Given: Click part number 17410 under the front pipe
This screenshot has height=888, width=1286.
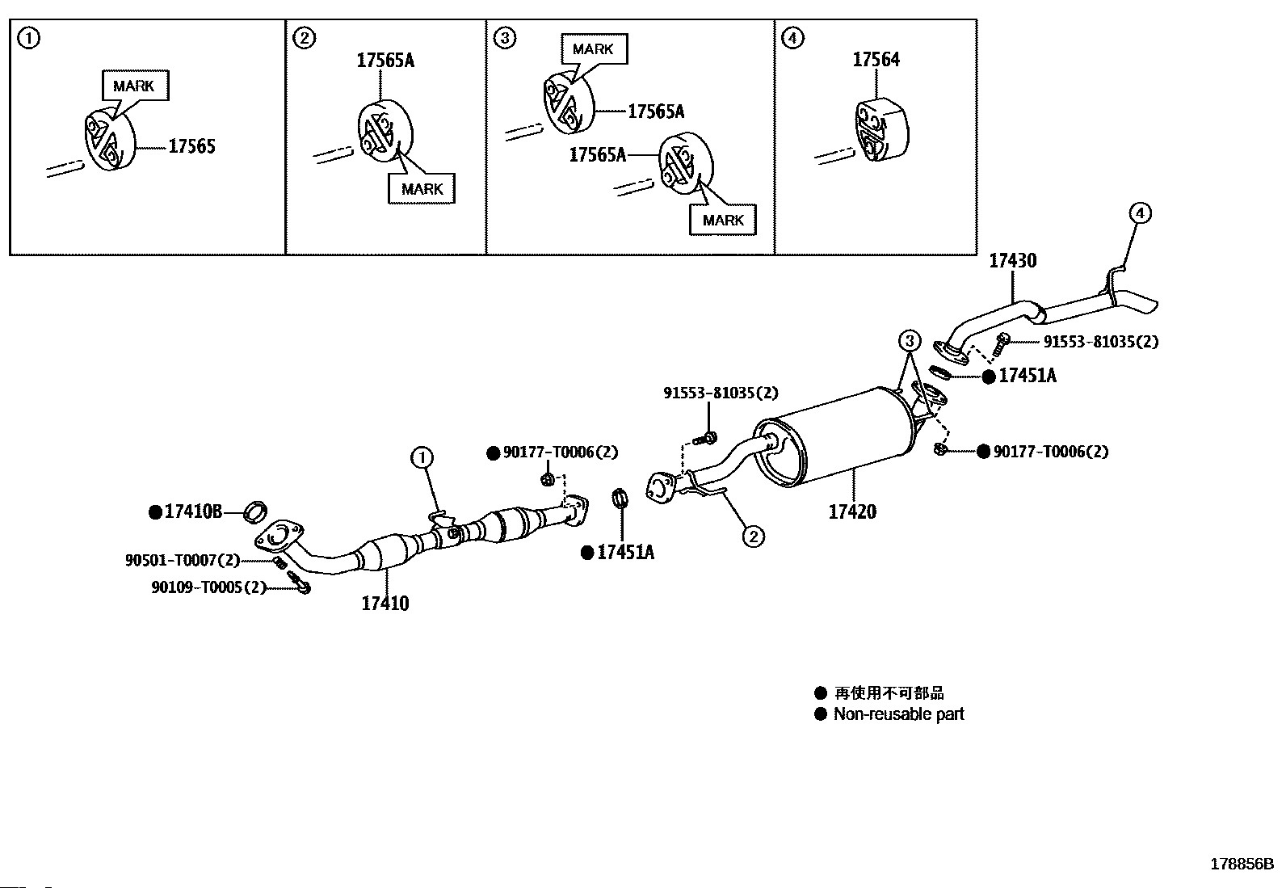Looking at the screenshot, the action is pyautogui.click(x=385, y=603).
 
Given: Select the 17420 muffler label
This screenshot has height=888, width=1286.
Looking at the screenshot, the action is pyautogui.click(x=852, y=511).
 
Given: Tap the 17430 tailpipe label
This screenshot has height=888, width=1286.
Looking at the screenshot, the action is pyautogui.click(x=1013, y=261).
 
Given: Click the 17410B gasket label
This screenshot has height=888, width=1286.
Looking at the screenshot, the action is pyautogui.click(x=193, y=511).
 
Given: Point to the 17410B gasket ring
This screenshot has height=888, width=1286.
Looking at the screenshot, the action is pyautogui.click(x=255, y=511).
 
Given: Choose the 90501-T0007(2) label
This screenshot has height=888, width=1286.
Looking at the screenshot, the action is pyautogui.click(x=183, y=559).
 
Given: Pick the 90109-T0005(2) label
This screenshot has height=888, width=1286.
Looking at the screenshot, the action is pyautogui.click(x=209, y=587).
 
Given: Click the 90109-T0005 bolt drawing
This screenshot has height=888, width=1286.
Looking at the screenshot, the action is pyautogui.click(x=299, y=583).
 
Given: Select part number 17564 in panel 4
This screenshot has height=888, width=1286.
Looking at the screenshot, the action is pyautogui.click(x=876, y=60).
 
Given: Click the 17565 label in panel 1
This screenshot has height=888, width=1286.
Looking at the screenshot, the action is pyautogui.click(x=191, y=146).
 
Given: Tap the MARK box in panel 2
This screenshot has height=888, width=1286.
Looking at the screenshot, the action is pyautogui.click(x=422, y=189).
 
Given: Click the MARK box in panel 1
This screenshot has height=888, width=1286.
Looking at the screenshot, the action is pyautogui.click(x=135, y=86).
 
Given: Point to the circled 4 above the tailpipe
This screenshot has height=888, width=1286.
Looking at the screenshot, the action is pyautogui.click(x=1140, y=213).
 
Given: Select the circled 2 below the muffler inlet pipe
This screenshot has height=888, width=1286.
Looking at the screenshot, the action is pyautogui.click(x=753, y=537).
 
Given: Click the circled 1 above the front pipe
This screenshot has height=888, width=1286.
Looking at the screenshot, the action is pyautogui.click(x=422, y=458).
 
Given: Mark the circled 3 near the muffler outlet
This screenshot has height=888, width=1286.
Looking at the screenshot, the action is pyautogui.click(x=910, y=341).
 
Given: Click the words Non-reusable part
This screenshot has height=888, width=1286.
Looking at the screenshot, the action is pyautogui.click(x=898, y=714).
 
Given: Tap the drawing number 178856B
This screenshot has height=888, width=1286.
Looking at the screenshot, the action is pyautogui.click(x=1242, y=864).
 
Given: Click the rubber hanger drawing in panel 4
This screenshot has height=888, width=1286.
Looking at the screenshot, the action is pyautogui.click(x=880, y=130).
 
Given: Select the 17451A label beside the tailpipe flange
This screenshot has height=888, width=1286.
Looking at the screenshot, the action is pyautogui.click(x=1027, y=376).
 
